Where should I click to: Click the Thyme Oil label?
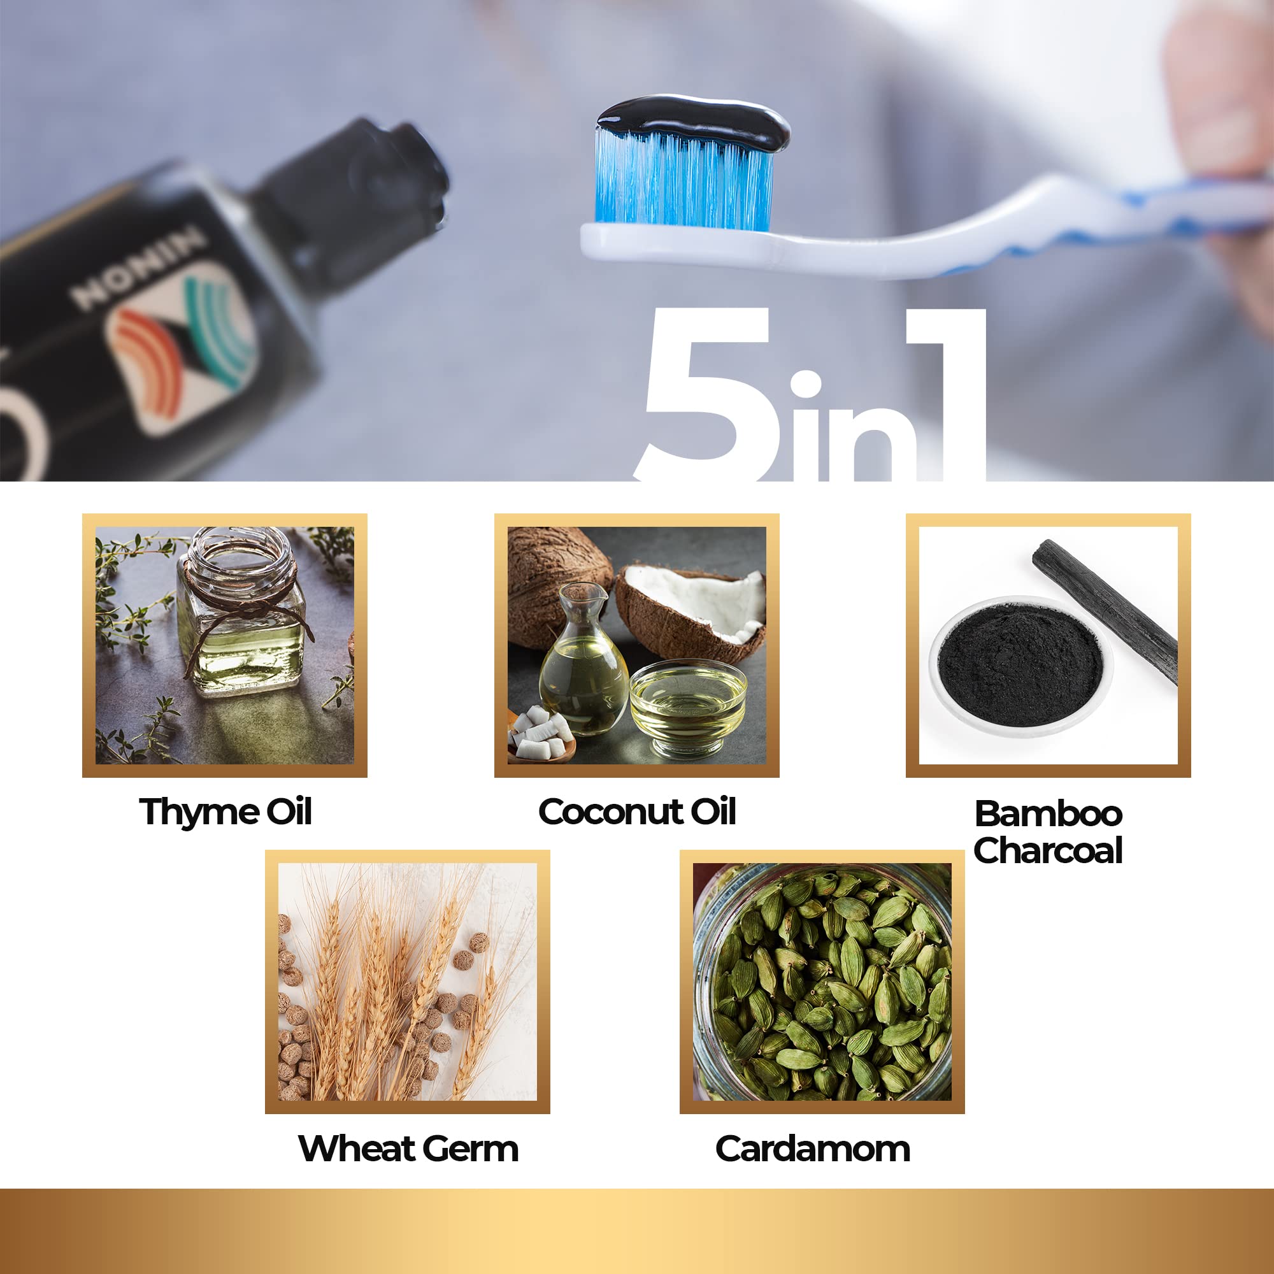[x=225, y=812]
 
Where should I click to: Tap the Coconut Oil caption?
[x=637, y=812]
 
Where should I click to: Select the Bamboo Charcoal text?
[x=1049, y=832]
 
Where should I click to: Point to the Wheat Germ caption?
[x=408, y=1149]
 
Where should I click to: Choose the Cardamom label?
[x=813, y=1149]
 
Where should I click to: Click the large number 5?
[x=709, y=396]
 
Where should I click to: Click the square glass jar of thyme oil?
[x=241, y=613]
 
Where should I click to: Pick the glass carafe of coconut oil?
[x=583, y=659]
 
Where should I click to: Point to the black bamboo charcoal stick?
[x=1105, y=610]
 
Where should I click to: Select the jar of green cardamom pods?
[x=822, y=982]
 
